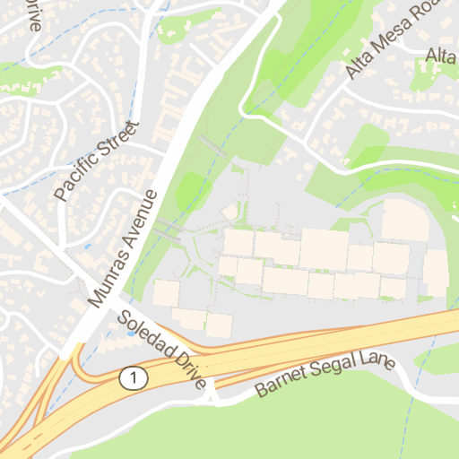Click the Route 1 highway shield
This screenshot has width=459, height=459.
coord(133,378)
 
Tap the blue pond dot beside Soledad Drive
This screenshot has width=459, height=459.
coord(132,333)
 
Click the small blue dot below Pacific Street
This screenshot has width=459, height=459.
coord(88,244)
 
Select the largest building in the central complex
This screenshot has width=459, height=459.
coord(324,249)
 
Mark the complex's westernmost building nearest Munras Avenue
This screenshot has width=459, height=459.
coord(166,293)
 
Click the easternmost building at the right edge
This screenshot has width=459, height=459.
coord(435,273)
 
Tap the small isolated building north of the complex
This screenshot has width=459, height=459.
coord(230,211)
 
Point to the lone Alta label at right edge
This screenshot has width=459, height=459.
coord(441,56)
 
